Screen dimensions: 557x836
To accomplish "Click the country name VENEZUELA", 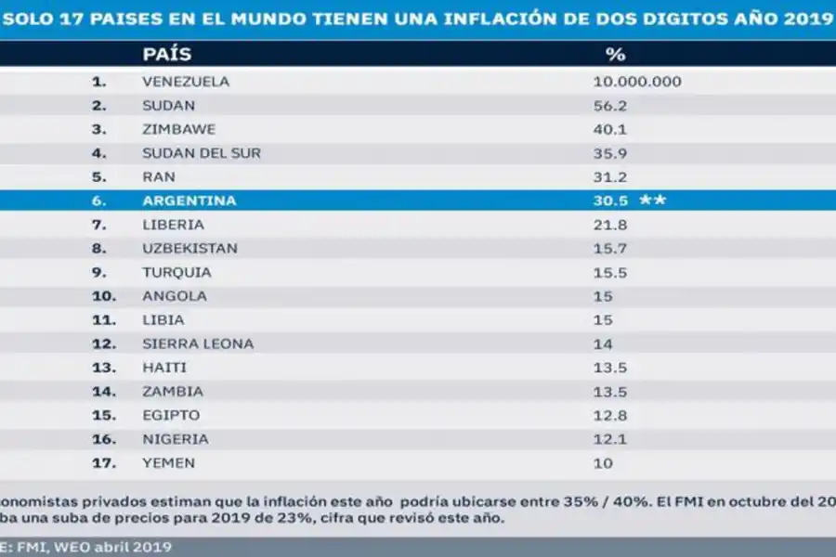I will pyautogui.click(x=185, y=82).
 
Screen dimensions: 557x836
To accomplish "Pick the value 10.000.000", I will pyautogui.click(x=636, y=82).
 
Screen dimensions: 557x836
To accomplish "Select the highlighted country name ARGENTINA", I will pyautogui.click(x=189, y=201).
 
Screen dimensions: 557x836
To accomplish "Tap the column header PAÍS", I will pyautogui.click(x=167, y=55).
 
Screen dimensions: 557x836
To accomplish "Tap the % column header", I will pyautogui.click(x=615, y=55).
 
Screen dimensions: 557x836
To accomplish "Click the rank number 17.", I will pyautogui.click(x=102, y=462).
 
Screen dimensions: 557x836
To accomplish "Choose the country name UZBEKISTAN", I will pyautogui.click(x=189, y=249).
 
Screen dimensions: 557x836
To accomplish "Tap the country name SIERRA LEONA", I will pyautogui.click(x=197, y=343).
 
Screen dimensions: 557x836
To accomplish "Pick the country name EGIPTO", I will pyautogui.click(x=170, y=415).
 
